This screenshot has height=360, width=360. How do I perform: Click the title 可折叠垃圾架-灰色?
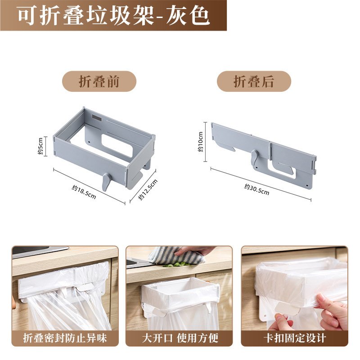pyautogui.click(x=113, y=15)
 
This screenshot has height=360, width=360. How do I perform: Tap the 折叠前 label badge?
pyautogui.click(x=99, y=81)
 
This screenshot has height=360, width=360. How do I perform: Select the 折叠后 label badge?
pyautogui.click(x=254, y=81)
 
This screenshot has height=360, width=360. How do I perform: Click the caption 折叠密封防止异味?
pyautogui.click(x=65, y=337)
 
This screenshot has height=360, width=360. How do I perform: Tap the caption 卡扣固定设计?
pyautogui.click(x=294, y=337)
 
